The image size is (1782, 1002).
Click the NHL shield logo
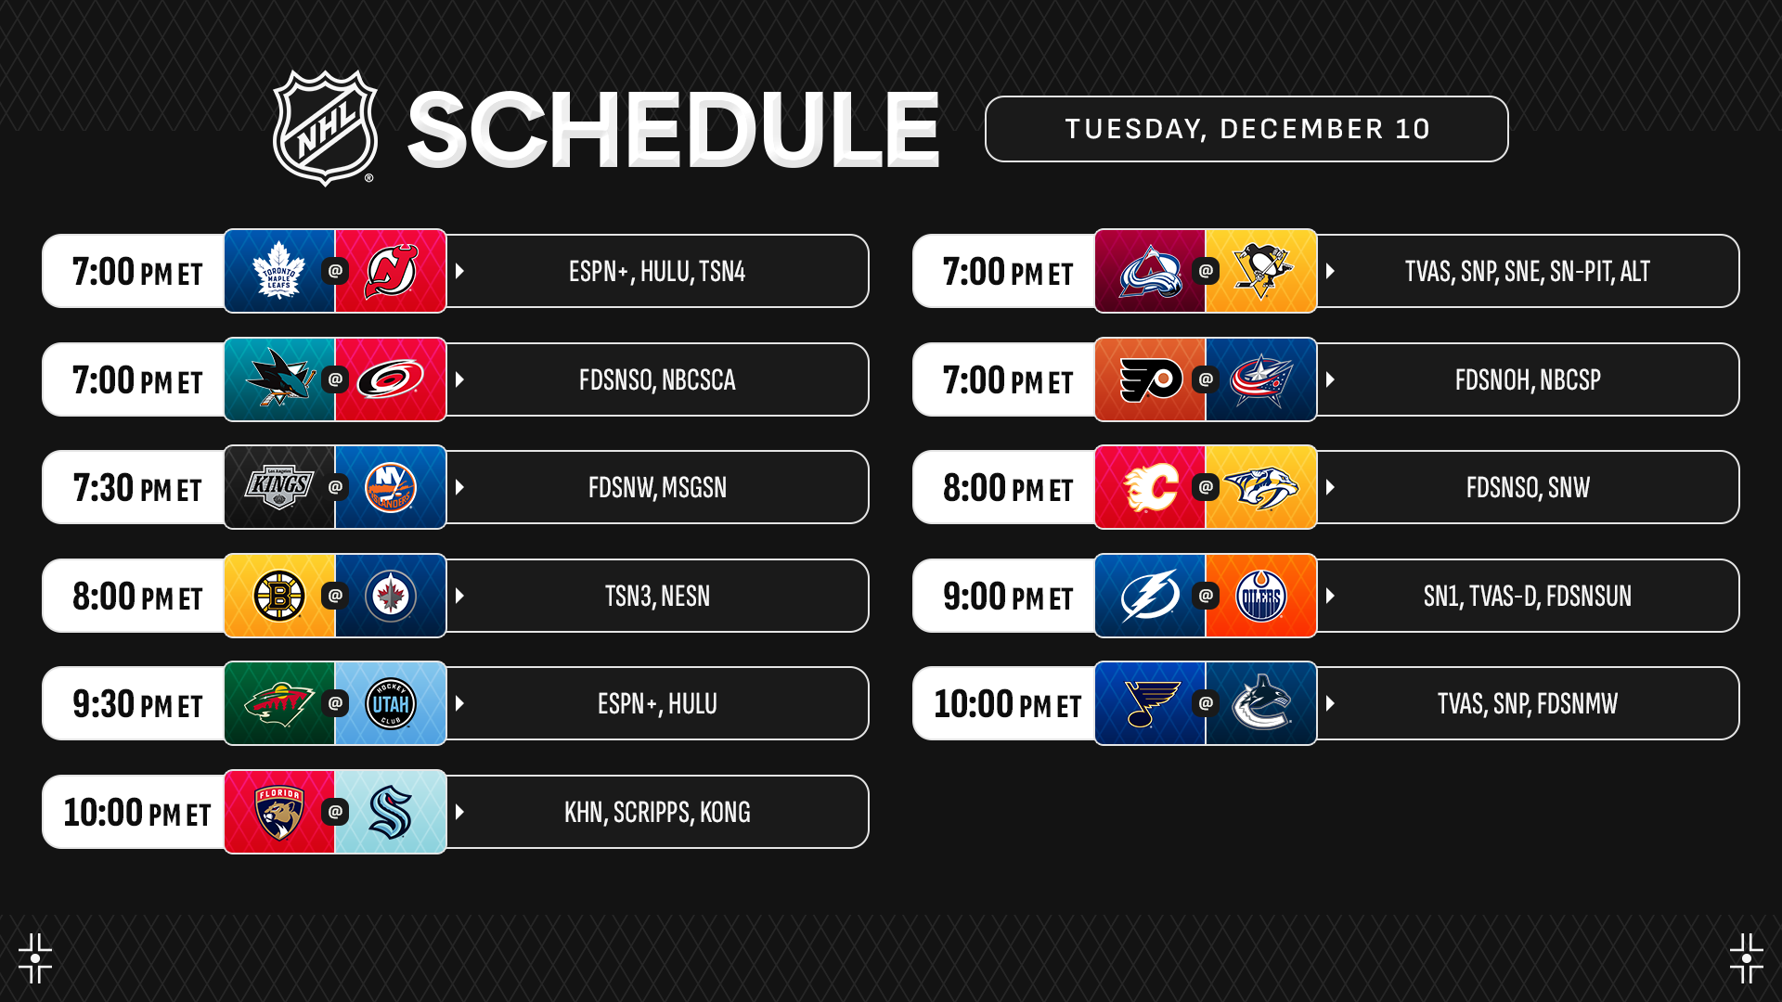325,128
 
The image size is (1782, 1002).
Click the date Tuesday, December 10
1246,129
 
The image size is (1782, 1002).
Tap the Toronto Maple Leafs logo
279,271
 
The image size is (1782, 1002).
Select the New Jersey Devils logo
391,271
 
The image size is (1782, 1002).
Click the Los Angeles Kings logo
279,487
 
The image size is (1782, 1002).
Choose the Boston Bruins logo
279,596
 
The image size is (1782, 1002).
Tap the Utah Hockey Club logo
391,703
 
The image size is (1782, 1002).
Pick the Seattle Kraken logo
391,812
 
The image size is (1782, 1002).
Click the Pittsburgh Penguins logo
1261,271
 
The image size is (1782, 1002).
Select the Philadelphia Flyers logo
1151,379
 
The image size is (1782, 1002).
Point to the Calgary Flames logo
1151,487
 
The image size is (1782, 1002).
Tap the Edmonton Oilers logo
1261,596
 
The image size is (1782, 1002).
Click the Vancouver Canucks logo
1261,703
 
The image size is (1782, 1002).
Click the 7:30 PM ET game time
137,488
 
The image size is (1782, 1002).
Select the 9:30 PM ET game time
137,704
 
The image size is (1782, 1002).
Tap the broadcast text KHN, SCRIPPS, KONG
657,813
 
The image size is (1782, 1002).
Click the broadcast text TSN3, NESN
657,596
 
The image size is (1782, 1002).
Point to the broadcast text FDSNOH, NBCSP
1528,379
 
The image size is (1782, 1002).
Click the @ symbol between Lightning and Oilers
1206,596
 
